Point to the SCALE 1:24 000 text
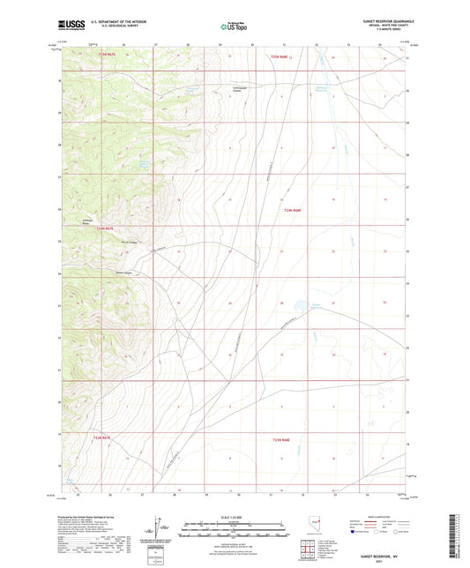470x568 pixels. (235, 516)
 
